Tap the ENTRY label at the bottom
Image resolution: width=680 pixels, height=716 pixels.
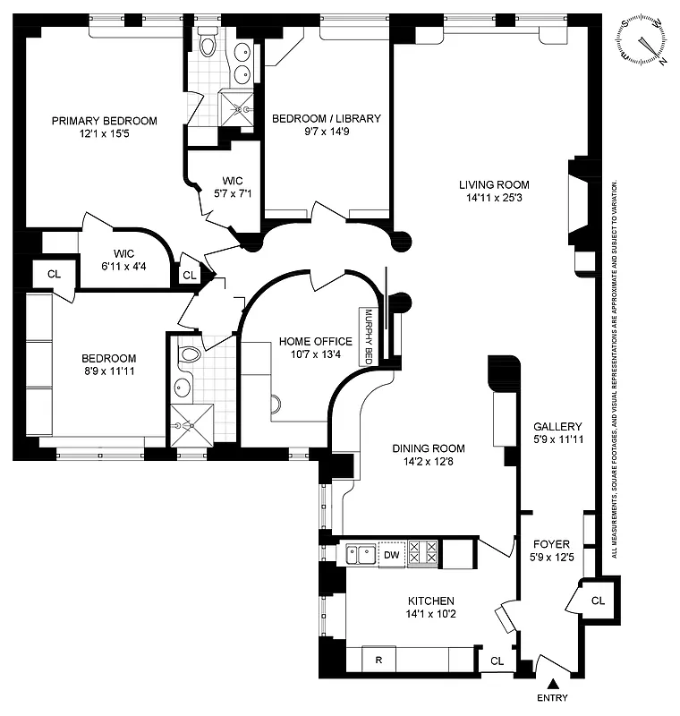coord(552,698)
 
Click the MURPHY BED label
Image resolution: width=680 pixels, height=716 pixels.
coord(368,337)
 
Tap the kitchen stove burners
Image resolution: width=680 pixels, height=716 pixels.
coord(421,554)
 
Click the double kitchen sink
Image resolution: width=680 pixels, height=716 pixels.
coord(361,555)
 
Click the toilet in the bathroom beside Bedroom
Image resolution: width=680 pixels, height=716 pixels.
coord(188,355)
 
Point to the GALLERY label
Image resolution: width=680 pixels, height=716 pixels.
coord(557,427)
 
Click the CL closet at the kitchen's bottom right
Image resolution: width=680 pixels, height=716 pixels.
coord(497,661)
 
